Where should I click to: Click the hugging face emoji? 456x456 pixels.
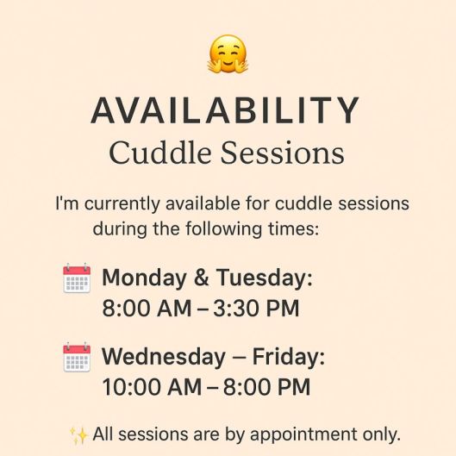[x=228, y=53]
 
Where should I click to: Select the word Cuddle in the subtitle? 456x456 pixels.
[x=157, y=154]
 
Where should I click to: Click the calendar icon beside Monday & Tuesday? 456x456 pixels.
[x=77, y=279]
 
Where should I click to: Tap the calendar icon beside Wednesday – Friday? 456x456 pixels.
[x=77, y=357]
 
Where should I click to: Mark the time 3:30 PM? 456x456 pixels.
[x=261, y=309]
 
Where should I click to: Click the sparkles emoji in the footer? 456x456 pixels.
[x=78, y=433]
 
